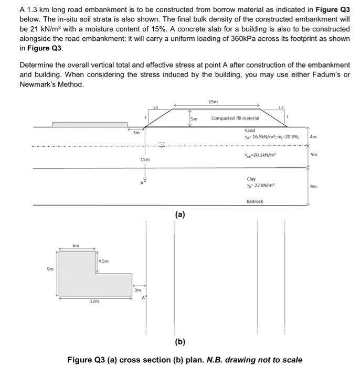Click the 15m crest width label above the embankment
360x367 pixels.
213,101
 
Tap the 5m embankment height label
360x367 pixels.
194,118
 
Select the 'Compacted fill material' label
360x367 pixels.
235,118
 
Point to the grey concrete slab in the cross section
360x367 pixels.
89,124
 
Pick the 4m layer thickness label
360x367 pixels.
314,136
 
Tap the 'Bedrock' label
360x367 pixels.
255,201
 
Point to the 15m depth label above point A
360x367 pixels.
145,159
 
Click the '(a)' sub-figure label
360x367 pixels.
180,214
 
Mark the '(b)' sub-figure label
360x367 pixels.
181,342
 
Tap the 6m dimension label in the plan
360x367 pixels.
76,245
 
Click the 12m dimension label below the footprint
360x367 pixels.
93,301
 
